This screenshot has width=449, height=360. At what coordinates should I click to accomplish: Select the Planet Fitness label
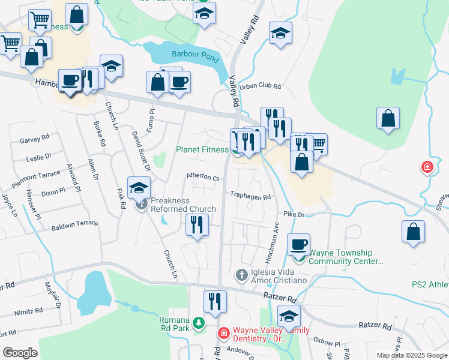pyautogui.click(x=202, y=150)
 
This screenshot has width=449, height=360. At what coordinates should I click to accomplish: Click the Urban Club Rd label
pyautogui.click(x=261, y=86)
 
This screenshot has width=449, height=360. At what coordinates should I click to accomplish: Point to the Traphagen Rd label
pyautogui.click(x=251, y=196)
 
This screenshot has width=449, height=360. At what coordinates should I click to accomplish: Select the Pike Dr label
pyautogui.click(x=294, y=214)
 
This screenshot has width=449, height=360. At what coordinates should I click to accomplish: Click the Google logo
pyautogui.click(x=20, y=353)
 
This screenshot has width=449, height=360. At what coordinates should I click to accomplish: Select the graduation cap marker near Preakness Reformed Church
pyautogui.click(x=139, y=188)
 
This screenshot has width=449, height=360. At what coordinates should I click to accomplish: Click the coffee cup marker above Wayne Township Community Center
pyautogui.click(x=298, y=244)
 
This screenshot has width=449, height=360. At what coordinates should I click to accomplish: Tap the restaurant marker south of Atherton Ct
pyautogui.click(x=197, y=225)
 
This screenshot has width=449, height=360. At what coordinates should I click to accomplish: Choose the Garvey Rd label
pyautogui.click(x=34, y=139)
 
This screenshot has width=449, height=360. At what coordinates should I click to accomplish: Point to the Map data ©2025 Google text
pyautogui.click(x=411, y=355)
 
